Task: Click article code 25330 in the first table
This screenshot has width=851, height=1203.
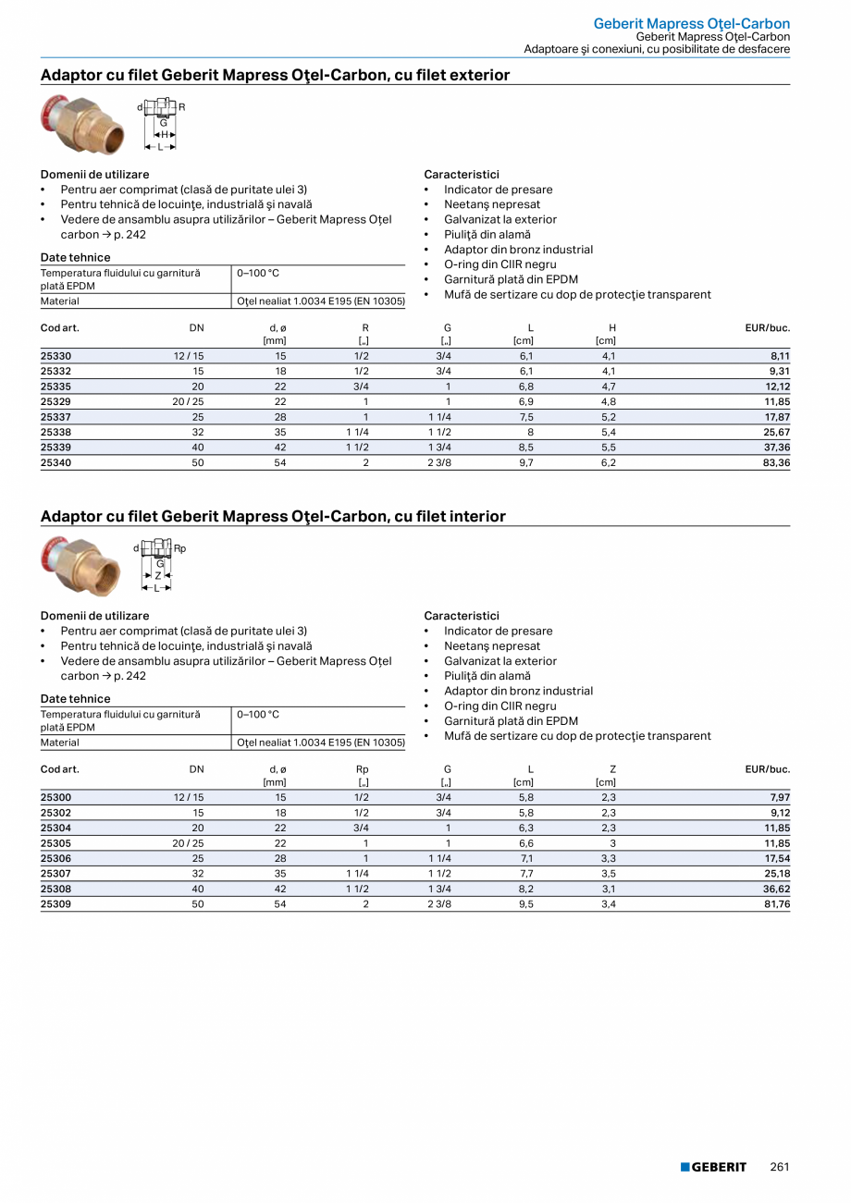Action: [x=55, y=356]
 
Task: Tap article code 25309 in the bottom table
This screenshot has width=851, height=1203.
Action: [x=55, y=904]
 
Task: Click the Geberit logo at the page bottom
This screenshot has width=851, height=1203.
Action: [x=713, y=1167]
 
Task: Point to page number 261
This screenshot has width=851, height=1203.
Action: [x=780, y=1167]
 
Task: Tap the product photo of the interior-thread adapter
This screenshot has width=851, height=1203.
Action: [x=81, y=565]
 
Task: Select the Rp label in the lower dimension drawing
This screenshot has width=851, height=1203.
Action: [x=180, y=548]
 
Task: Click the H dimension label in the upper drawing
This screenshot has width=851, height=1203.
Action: [x=164, y=134]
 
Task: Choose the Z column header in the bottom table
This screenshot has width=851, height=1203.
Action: [x=612, y=769]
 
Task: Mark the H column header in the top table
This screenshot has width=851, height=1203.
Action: [x=612, y=328]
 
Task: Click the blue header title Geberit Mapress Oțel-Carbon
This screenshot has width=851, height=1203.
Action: [x=691, y=23]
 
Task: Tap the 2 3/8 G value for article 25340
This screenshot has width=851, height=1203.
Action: [x=439, y=462]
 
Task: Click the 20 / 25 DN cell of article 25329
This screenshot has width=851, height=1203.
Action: [x=188, y=401]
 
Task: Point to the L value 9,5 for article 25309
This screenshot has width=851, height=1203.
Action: [x=525, y=904]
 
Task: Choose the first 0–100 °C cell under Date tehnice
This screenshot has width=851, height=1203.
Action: [x=258, y=273]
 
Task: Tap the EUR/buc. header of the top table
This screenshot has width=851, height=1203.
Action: [x=767, y=328]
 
